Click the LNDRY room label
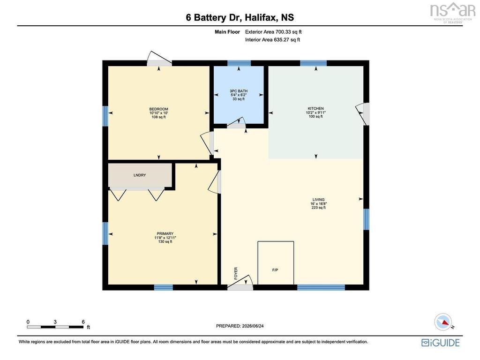140,175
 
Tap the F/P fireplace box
276,263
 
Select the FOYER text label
236,273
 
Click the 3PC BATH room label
239,91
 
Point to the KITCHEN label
315,108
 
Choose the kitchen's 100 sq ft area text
315,116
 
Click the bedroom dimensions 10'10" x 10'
158,113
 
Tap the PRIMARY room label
165,233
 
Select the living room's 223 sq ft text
318,208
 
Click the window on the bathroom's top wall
239,63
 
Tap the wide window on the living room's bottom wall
321,287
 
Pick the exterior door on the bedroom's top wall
159,60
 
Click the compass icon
443,322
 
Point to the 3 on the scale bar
55,322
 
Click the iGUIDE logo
440,343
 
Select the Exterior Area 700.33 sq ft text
273,32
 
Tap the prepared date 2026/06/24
253,326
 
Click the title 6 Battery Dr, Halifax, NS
240,17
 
